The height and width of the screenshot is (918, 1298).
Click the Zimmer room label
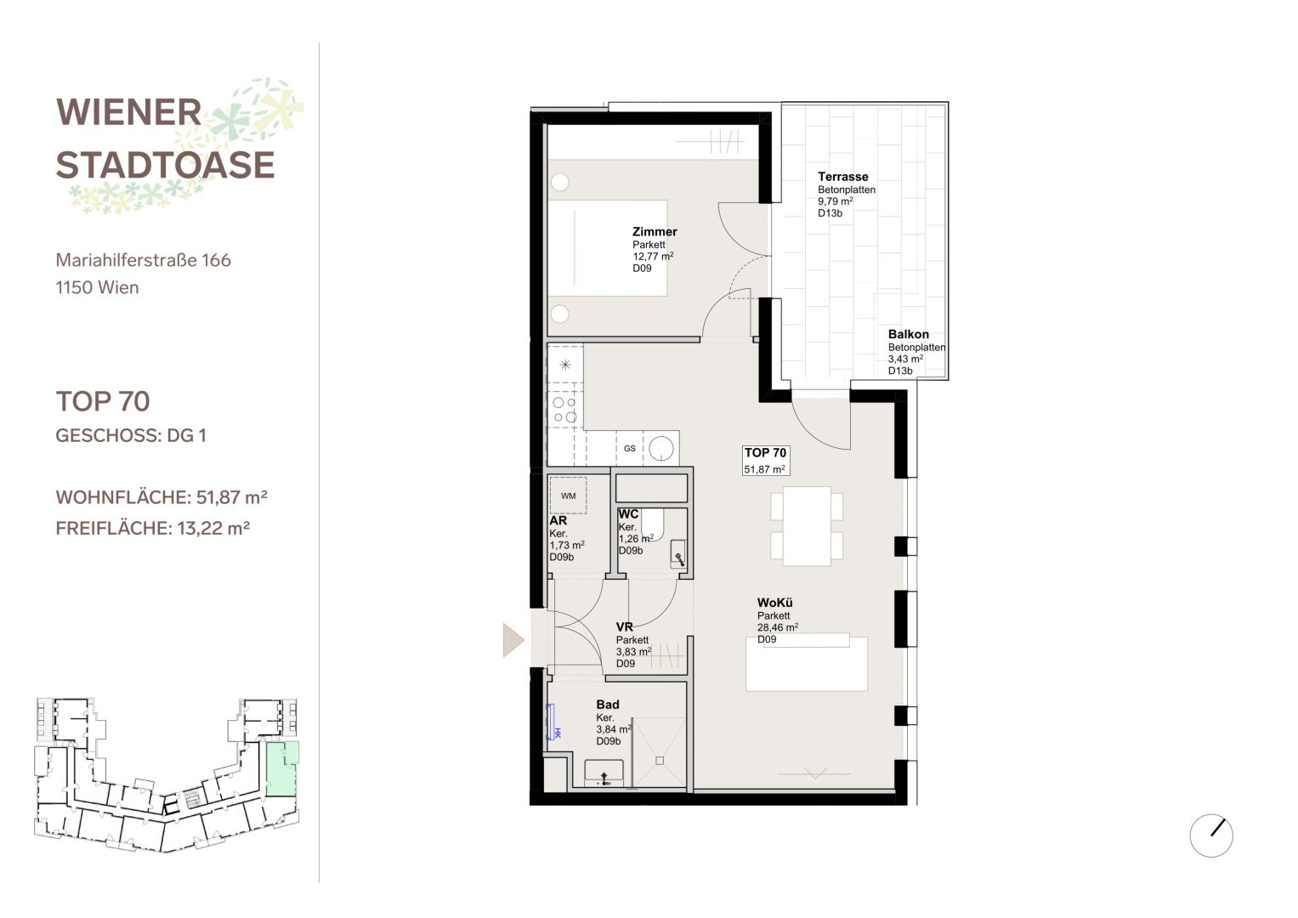click(655, 232)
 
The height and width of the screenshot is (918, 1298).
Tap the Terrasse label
click(842, 177)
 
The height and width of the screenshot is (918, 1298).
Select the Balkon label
click(908, 334)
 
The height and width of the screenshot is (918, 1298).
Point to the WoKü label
click(774, 603)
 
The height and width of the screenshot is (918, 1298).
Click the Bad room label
click(607, 705)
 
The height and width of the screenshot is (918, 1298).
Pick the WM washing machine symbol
click(568, 496)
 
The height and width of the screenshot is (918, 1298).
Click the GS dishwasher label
click(629, 448)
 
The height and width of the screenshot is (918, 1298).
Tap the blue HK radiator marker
click(553, 722)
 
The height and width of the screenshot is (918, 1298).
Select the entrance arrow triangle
click(513, 640)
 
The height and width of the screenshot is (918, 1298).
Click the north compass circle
click(1211, 835)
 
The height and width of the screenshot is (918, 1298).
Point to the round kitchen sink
click(660, 449)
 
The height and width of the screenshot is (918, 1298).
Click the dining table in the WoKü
click(807, 526)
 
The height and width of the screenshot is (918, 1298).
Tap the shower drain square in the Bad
click(660, 761)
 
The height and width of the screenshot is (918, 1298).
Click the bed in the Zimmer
click(607, 248)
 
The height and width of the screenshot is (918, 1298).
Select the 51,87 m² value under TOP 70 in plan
click(764, 469)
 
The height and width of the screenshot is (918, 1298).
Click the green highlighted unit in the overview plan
click(282, 768)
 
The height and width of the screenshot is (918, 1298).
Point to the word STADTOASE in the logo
click(165, 165)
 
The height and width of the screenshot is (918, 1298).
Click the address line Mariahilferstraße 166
click(143, 260)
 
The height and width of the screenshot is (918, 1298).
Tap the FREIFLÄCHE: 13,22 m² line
click(153, 529)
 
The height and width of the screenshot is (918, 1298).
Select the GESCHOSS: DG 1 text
click(131, 435)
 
